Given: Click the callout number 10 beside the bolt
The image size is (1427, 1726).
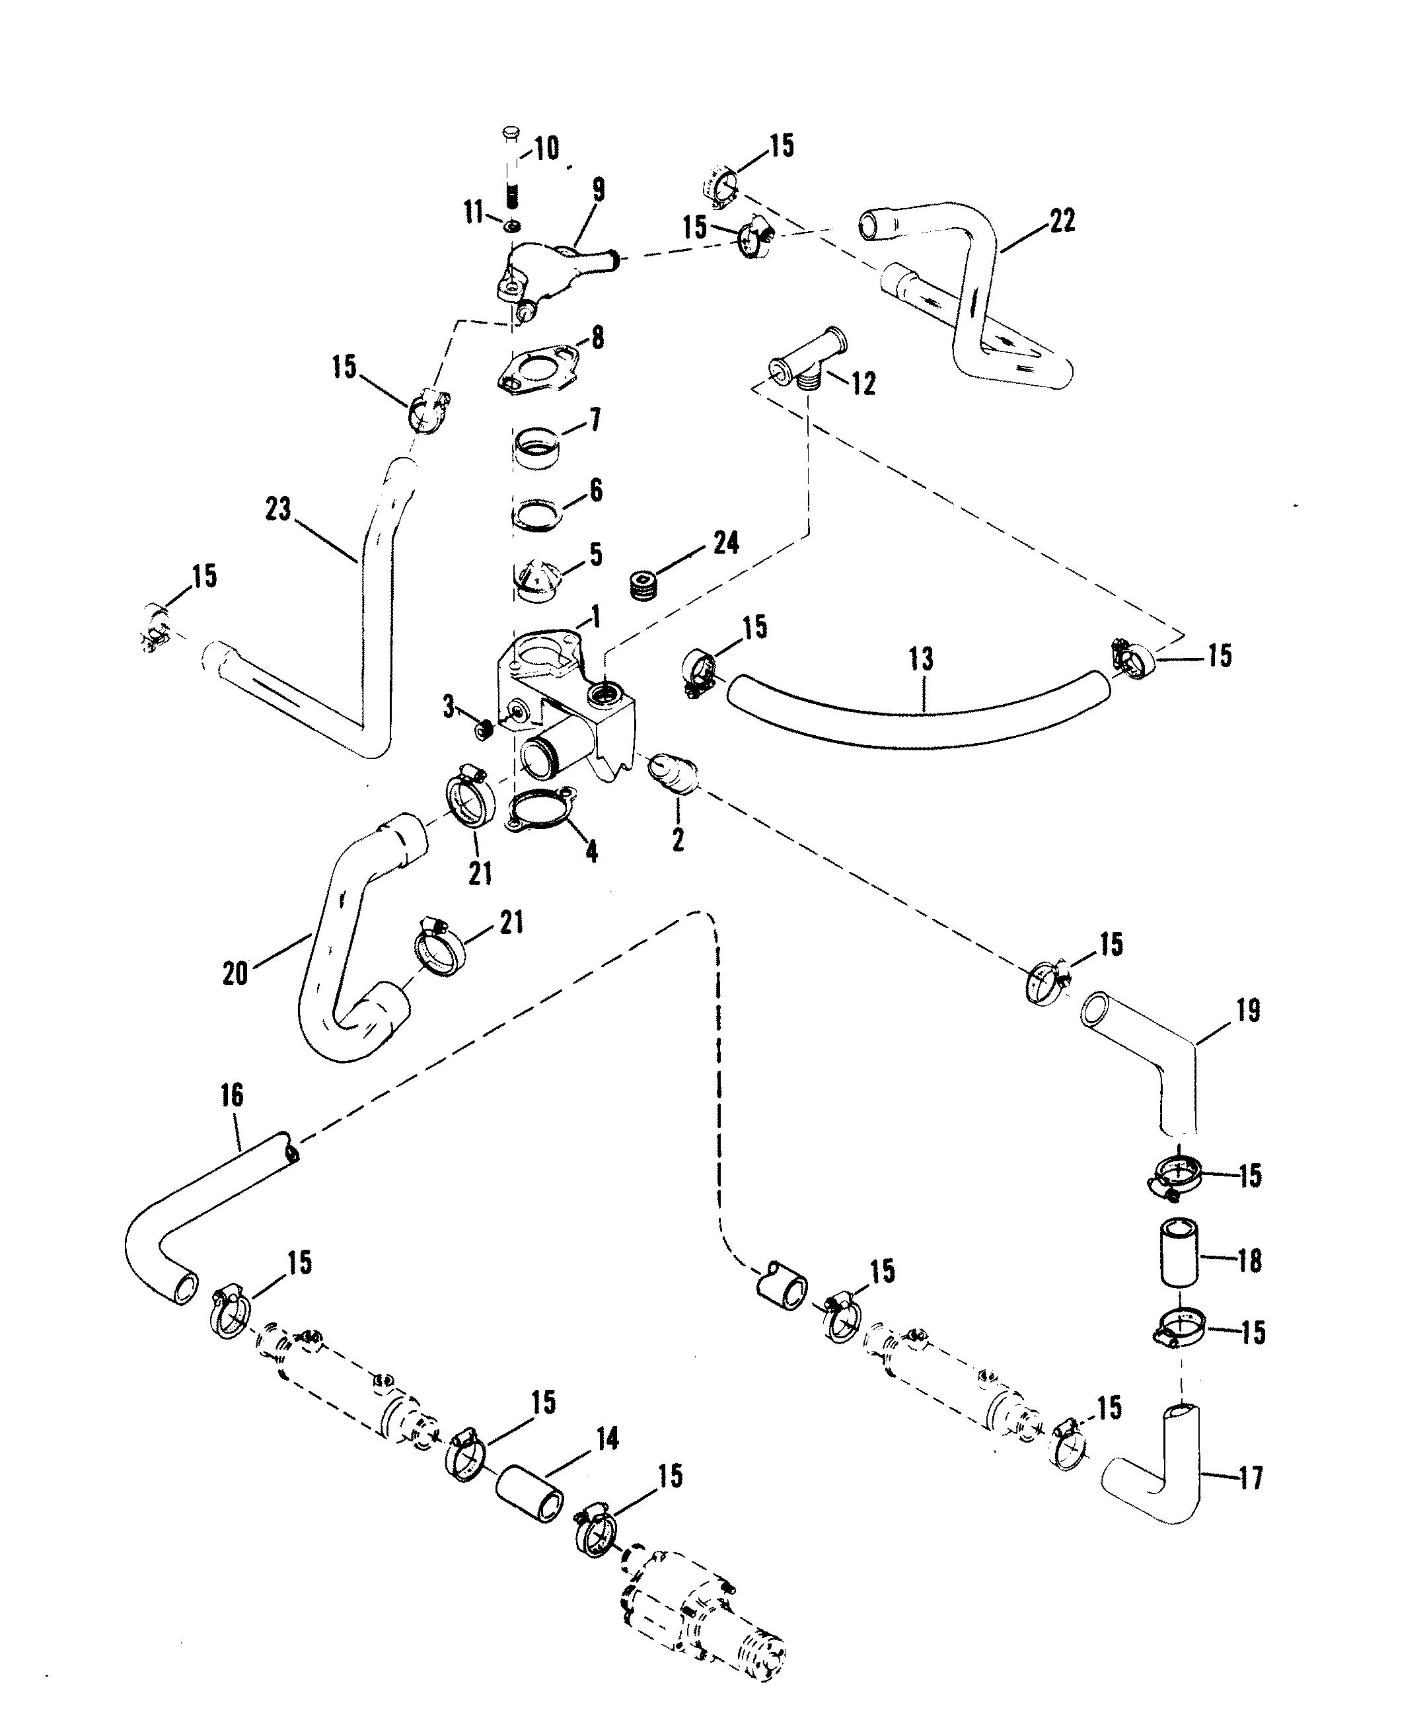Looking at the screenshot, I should pos(546,149).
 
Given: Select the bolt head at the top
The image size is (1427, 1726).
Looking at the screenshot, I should pos(511,131).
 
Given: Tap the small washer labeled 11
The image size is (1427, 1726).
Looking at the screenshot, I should pos(513,226).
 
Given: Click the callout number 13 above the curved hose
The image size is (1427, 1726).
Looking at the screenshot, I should pos(922,659).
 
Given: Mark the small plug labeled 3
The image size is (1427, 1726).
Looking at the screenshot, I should pos(486,727).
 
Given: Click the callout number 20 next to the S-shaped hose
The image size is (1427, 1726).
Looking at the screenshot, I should pos(236,973).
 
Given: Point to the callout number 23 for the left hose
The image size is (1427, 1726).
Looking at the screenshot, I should pos(279,509).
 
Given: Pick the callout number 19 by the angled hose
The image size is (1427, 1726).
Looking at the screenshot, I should pos(1248,1011).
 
